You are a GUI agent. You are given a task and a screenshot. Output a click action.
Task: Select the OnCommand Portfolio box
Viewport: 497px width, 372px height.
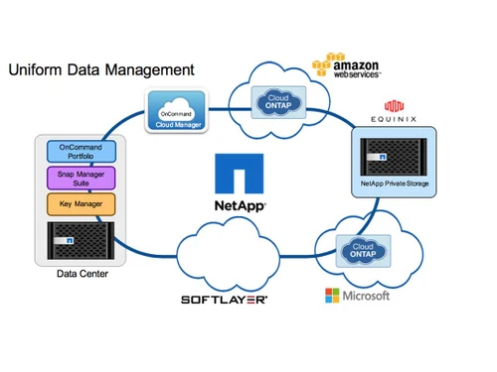coord(83,152)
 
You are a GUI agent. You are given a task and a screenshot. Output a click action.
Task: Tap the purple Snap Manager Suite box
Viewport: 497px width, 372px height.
coord(83,179)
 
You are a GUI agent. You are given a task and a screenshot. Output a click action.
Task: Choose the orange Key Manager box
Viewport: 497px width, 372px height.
coord(83,205)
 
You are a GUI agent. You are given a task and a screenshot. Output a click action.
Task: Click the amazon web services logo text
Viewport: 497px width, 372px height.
coord(360,65)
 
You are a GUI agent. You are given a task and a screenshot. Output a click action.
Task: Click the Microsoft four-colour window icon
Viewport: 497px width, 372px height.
coord(333,296)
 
